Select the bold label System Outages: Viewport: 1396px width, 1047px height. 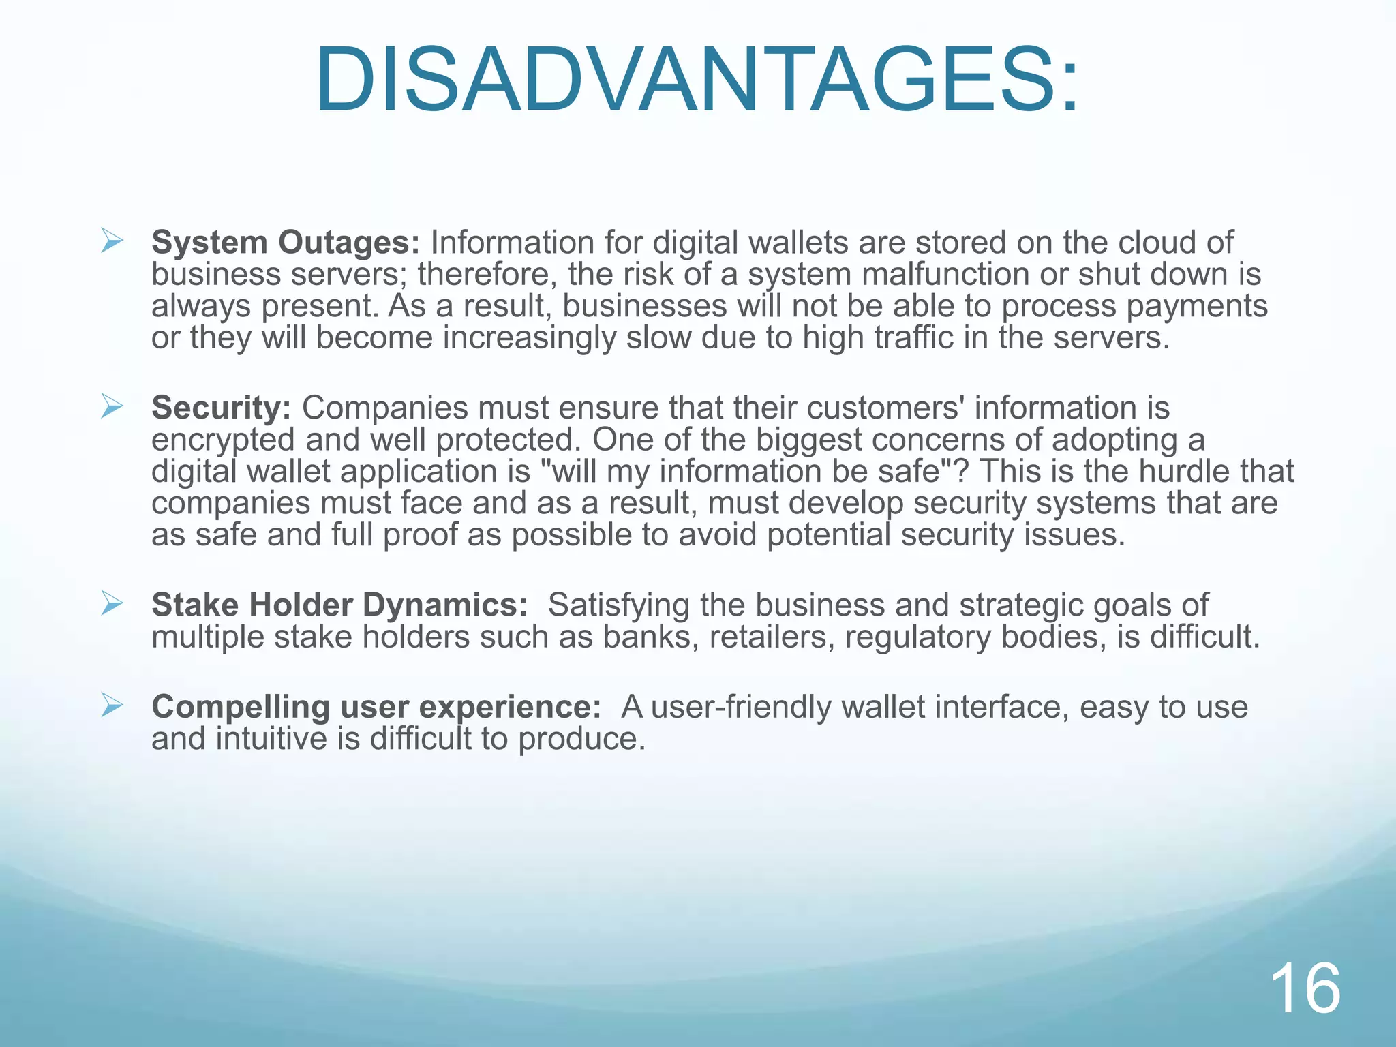tap(286, 243)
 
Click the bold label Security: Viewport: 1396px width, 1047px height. tap(222, 408)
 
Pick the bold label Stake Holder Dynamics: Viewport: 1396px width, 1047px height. tap(339, 605)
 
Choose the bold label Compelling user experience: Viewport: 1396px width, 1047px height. tap(376, 707)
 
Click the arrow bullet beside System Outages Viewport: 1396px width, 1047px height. tap(111, 241)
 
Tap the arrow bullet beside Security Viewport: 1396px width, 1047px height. tap(111, 406)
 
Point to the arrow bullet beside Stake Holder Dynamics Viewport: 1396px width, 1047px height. tap(111, 603)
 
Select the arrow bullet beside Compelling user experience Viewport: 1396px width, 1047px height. tap(111, 705)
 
